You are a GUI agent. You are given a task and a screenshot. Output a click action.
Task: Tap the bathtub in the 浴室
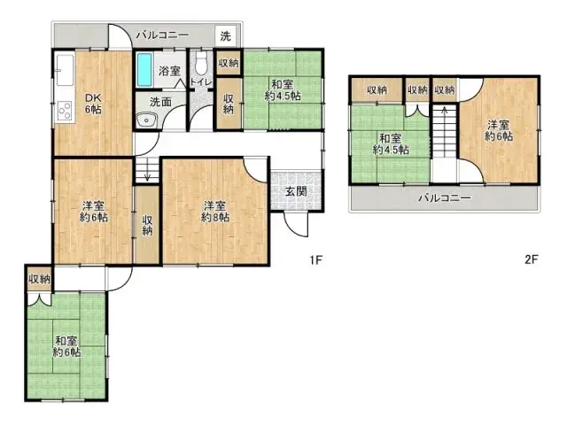[144, 69]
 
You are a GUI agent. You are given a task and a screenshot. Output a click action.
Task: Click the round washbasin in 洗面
[144, 121]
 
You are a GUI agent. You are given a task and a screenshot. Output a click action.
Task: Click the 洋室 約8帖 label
[214, 210]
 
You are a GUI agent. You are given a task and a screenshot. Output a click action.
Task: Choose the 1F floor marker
[314, 260]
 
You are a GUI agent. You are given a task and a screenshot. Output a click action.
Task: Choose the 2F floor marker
[532, 260]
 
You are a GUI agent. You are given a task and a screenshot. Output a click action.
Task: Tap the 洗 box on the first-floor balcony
[225, 36]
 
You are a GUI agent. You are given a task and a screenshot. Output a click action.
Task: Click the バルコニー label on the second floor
[444, 197]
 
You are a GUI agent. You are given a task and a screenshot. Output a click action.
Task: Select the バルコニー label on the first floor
[162, 35]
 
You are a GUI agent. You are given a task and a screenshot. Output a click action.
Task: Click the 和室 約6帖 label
[66, 345]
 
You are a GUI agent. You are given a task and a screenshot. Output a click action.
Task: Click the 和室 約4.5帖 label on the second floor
[391, 143]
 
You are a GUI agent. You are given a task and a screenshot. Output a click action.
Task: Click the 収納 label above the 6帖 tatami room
[38, 279]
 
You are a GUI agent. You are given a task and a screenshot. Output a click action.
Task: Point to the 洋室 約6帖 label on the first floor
[91, 210]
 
